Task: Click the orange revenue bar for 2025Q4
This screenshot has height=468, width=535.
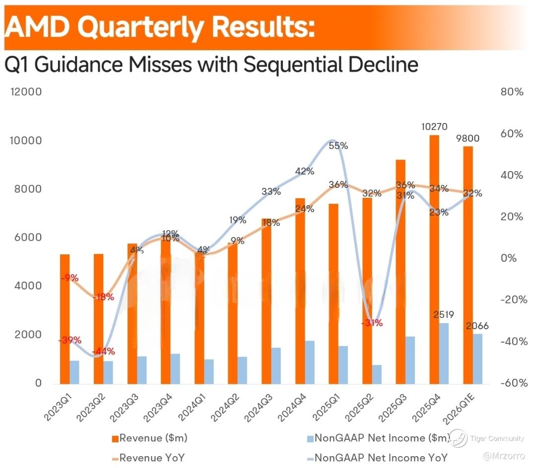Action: tap(434, 258)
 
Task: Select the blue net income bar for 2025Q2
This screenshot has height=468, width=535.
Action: tap(377, 374)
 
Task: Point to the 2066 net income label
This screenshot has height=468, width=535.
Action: tap(477, 326)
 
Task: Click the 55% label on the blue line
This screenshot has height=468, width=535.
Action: tap(338, 146)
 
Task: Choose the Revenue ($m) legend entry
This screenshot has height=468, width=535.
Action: tap(149, 438)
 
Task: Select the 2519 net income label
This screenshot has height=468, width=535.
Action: tap(444, 315)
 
